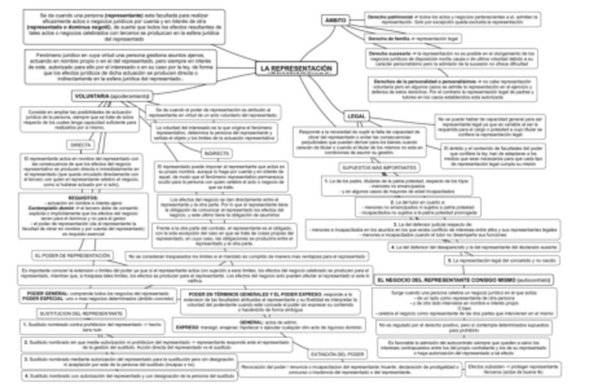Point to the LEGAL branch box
[355, 115]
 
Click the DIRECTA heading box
[83, 145]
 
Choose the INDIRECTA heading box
[216, 153]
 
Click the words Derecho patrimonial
[390, 15]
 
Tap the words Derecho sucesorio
[390, 52]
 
